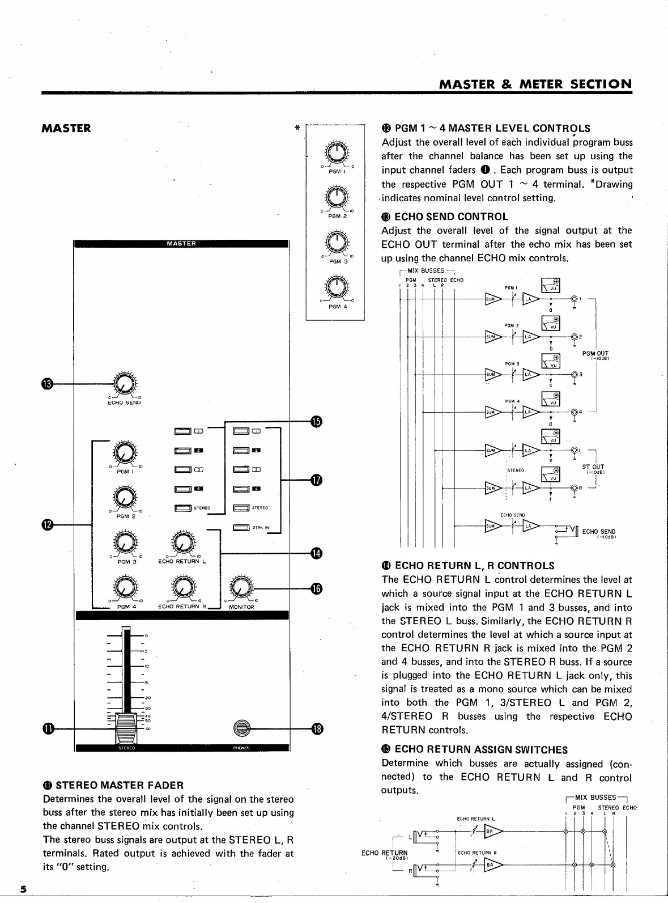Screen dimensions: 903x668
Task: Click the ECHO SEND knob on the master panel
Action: pyautogui.click(x=124, y=384)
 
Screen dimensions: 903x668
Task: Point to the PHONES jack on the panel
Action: pyautogui.click(x=242, y=728)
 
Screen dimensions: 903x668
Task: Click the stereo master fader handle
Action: pyautogui.click(x=126, y=727)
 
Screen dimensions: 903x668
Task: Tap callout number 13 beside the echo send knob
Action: pyautogui.click(x=48, y=384)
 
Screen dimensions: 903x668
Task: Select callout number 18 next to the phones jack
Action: pyautogui.click(x=316, y=728)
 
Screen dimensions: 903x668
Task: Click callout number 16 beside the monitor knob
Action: pyautogui.click(x=316, y=588)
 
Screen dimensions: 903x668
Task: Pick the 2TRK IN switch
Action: pyautogui.click(x=241, y=528)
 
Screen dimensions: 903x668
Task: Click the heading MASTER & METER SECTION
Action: pyautogui.click(x=535, y=84)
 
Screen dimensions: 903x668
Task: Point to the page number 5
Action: pyautogui.click(x=24, y=888)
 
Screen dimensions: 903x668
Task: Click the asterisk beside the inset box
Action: pyautogui.click(x=297, y=129)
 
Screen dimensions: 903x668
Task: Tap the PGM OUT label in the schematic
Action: pyautogui.click(x=595, y=354)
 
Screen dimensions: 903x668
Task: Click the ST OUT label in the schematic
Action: pyautogui.click(x=593, y=468)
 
